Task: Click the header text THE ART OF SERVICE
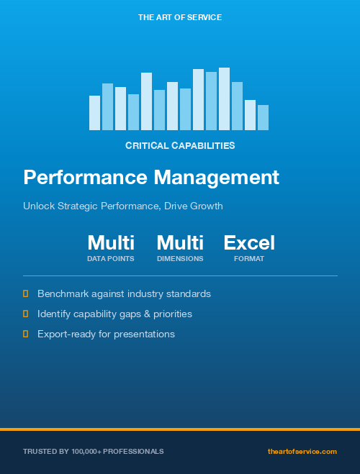(x=179, y=17)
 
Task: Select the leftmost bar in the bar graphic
(x=94, y=113)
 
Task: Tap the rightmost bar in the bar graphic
(x=263, y=117)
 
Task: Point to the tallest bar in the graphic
(x=224, y=99)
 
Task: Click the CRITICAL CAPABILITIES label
(x=180, y=145)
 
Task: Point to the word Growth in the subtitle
(x=206, y=206)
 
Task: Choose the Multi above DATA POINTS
(x=111, y=242)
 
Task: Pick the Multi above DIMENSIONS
(x=180, y=242)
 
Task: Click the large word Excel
(x=249, y=242)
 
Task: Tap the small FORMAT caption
(x=249, y=259)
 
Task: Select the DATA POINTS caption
(x=111, y=259)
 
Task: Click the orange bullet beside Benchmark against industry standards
(x=26, y=293)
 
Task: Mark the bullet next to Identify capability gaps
(x=26, y=314)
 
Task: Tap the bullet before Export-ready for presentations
(x=26, y=334)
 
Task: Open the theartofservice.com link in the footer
(x=302, y=451)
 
